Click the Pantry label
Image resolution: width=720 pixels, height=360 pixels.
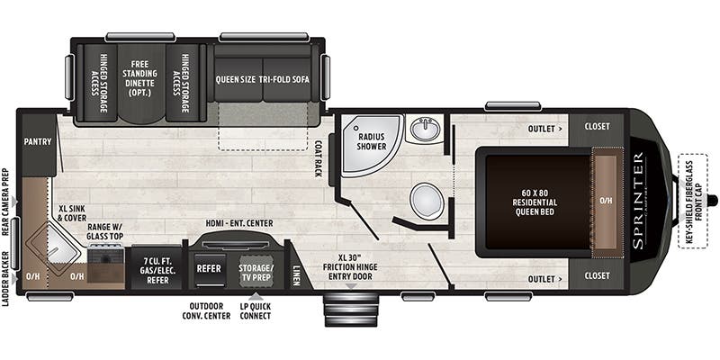37,140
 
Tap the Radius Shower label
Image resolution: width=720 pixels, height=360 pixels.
372,140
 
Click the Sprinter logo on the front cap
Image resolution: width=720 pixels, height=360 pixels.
638,188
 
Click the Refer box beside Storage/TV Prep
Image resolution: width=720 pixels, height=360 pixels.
210,268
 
